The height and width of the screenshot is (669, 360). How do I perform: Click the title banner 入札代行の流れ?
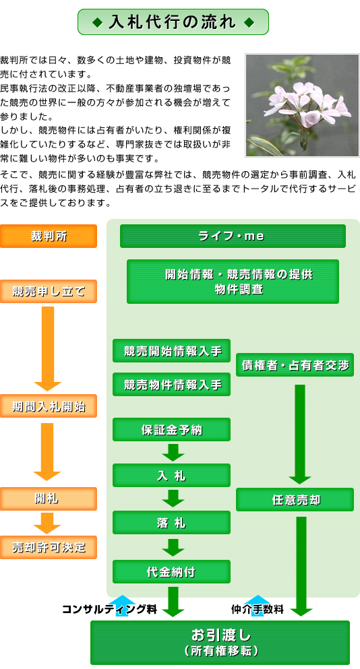(x=173, y=22)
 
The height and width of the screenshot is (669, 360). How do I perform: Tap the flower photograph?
(x=302, y=105)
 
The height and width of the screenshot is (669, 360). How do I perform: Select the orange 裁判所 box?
(x=49, y=236)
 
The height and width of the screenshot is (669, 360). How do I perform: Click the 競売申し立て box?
(x=49, y=292)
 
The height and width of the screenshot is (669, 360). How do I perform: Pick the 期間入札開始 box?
(x=49, y=406)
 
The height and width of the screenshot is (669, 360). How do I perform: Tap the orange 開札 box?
(x=49, y=499)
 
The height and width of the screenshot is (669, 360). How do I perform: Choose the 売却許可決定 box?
(x=49, y=548)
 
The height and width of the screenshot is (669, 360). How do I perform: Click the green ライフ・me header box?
(x=233, y=236)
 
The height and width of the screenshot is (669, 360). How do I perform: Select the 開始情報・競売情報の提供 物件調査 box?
(x=233, y=282)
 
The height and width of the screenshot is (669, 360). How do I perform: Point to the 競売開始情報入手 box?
(x=172, y=351)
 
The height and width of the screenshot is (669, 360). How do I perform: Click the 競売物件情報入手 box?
(x=172, y=385)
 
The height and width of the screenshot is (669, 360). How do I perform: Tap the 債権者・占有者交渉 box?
(x=295, y=364)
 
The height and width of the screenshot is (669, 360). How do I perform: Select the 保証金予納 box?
(x=172, y=429)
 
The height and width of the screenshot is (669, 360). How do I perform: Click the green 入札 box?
(x=172, y=475)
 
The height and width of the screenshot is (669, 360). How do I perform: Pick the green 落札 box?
(x=172, y=523)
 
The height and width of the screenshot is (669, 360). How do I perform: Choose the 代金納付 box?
(x=172, y=572)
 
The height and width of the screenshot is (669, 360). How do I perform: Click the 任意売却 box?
(x=295, y=500)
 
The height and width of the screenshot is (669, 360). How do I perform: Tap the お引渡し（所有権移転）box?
(x=220, y=643)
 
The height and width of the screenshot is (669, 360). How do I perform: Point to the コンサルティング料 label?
(x=110, y=609)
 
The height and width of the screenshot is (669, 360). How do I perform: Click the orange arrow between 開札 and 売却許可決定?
(x=47, y=523)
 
